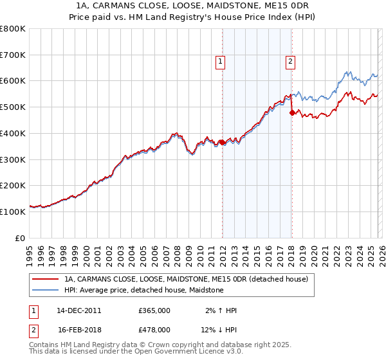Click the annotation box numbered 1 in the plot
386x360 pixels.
220,62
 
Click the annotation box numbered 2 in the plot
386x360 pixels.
290,62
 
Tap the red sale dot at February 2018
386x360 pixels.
292,113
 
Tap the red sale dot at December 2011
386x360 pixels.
222,142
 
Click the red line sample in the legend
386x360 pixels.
46,279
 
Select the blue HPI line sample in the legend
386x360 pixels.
46,290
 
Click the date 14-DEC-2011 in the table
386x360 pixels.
78,310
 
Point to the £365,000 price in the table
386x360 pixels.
154,310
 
